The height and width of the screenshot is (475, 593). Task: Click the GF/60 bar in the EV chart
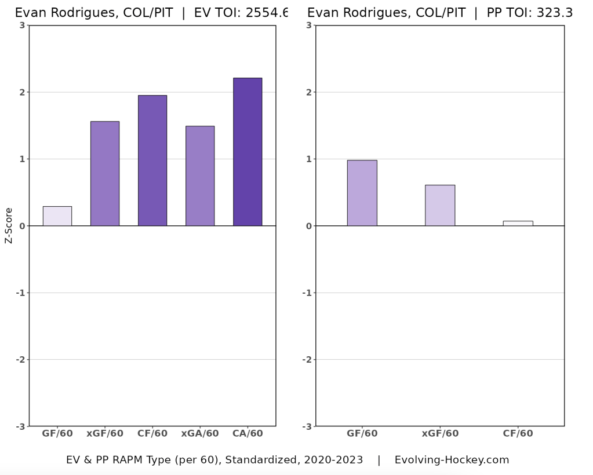click(x=57, y=216)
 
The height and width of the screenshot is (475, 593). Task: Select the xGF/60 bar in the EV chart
click(x=105, y=174)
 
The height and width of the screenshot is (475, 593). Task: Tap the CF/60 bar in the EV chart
click(x=152, y=160)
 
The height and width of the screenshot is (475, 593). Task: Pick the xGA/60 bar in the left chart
click(x=200, y=176)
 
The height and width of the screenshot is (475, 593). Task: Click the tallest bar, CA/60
click(x=248, y=152)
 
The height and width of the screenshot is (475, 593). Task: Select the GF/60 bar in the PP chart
click(x=362, y=193)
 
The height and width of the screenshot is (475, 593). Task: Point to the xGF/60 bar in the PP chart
click(x=440, y=206)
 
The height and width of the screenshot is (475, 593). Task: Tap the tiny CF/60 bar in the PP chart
click(x=518, y=223)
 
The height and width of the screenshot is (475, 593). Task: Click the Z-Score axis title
click(x=9, y=225)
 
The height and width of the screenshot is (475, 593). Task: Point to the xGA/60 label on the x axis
click(x=200, y=433)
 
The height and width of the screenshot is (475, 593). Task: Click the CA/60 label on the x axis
click(x=248, y=433)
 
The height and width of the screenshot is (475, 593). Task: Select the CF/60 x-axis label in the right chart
click(x=518, y=433)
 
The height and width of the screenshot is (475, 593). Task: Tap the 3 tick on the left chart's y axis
click(x=21, y=25)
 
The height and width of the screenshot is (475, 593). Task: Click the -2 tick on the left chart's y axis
click(x=20, y=360)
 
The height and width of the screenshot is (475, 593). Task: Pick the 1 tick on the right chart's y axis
click(x=310, y=159)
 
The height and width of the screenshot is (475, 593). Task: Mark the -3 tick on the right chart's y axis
click(x=308, y=426)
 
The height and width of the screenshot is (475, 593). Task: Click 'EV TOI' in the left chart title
click(x=215, y=13)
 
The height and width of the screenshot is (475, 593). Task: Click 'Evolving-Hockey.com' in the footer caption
click(x=452, y=460)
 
